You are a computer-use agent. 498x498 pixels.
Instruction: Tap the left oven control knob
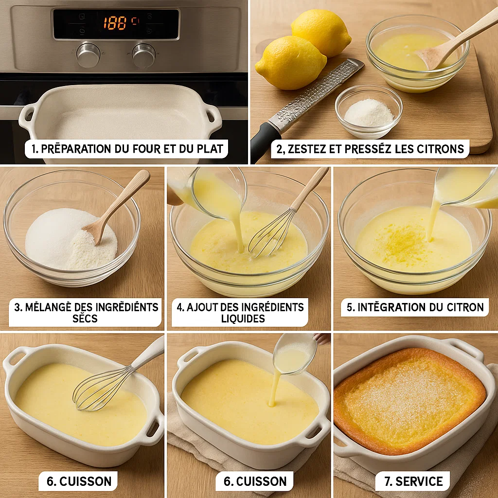click(89, 54)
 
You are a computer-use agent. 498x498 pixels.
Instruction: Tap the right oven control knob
click(144, 55)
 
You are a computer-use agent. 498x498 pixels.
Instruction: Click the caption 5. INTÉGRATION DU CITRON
click(415, 307)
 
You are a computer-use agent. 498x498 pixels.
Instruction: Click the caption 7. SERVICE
click(413, 481)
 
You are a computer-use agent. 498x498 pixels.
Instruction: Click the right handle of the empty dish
click(213, 116)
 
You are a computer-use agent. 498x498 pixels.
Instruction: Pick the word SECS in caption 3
click(85, 319)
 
